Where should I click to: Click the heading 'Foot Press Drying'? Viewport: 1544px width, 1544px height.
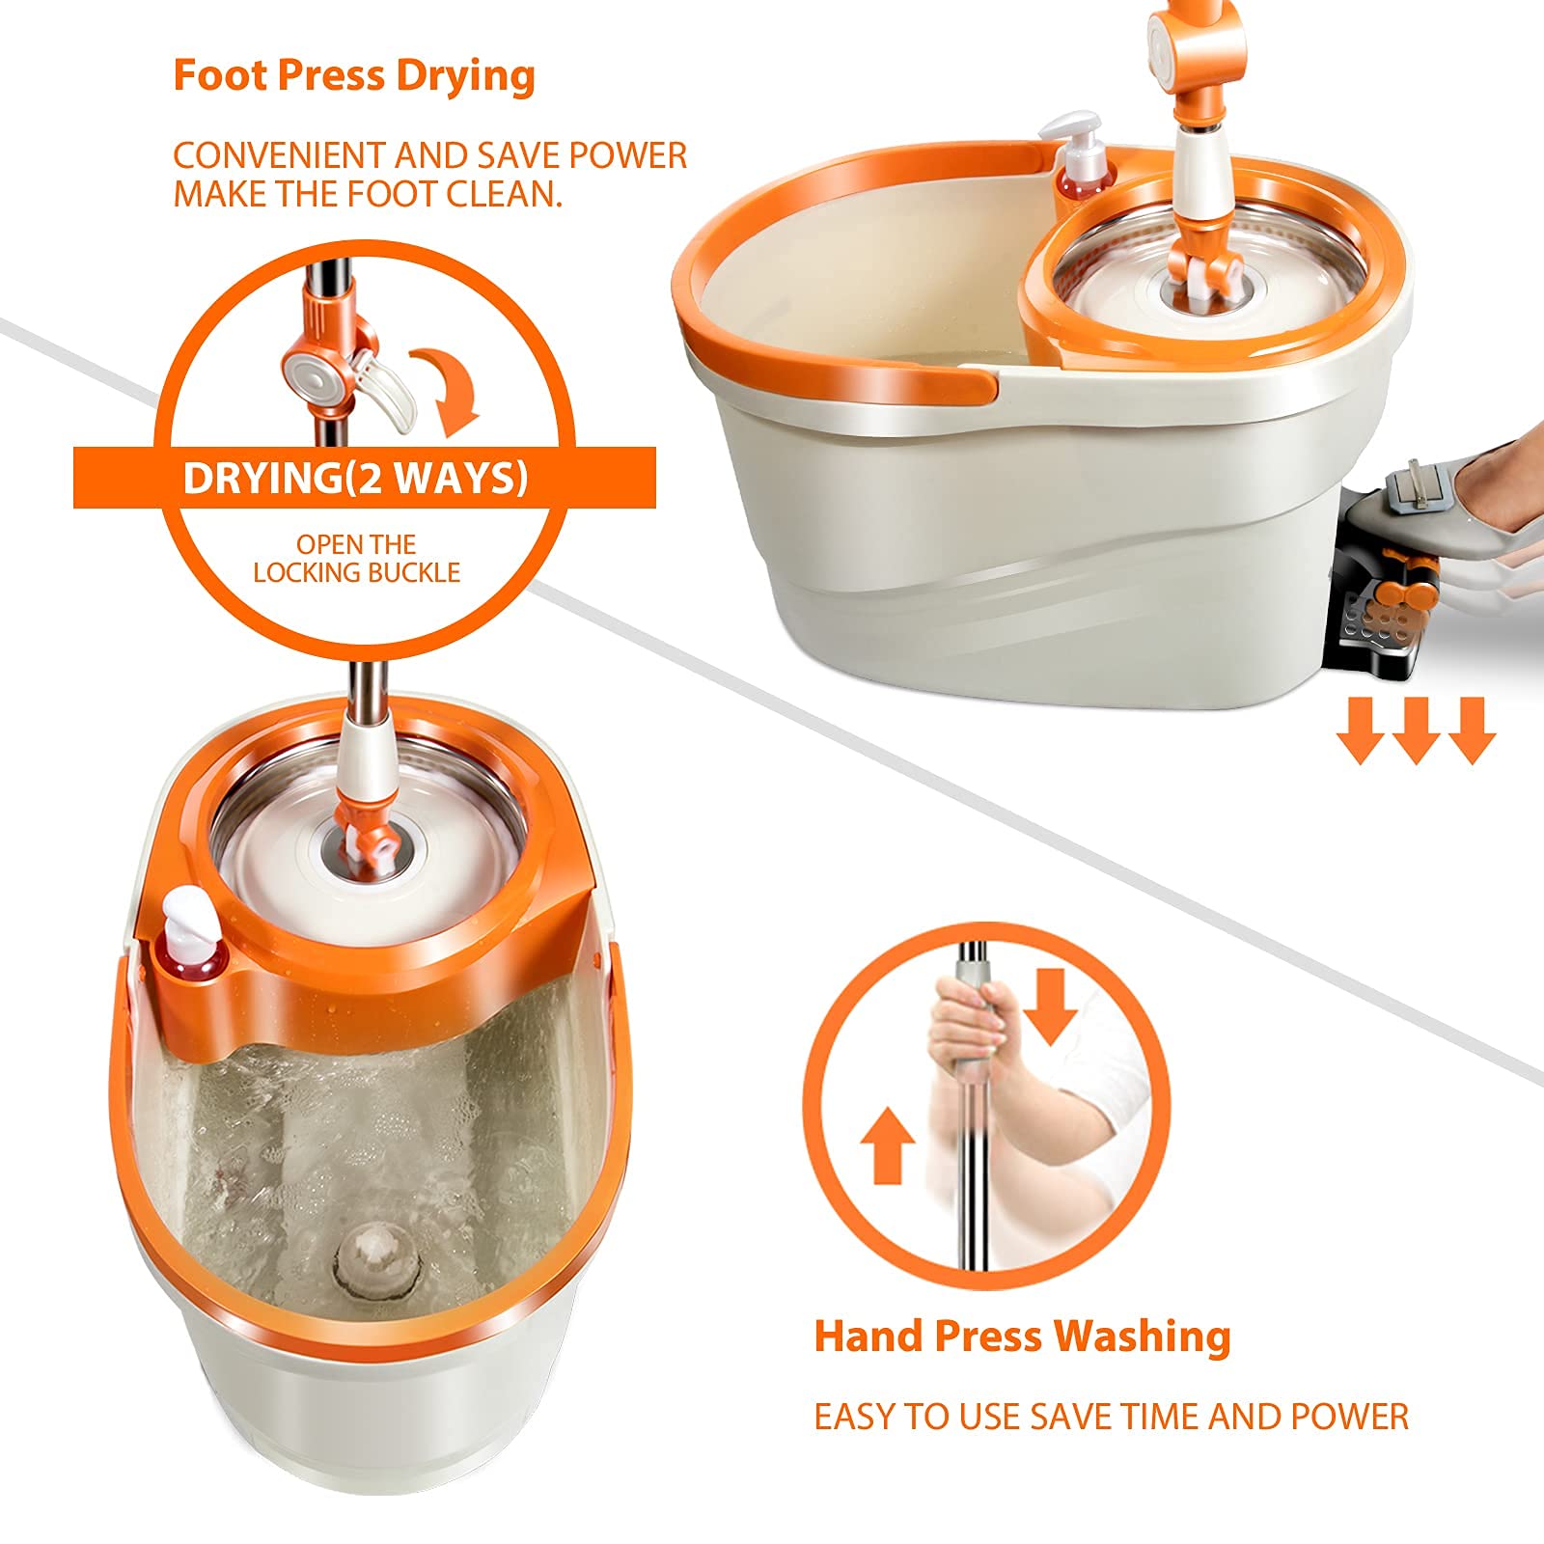click(x=353, y=76)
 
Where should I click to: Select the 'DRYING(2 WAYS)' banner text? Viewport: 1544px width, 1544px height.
click(x=356, y=479)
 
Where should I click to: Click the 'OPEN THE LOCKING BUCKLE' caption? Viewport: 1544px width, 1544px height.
click(x=356, y=559)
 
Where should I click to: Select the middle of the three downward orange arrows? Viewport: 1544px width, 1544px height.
click(x=1415, y=731)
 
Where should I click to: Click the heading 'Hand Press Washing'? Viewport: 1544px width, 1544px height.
click(x=1022, y=1337)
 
